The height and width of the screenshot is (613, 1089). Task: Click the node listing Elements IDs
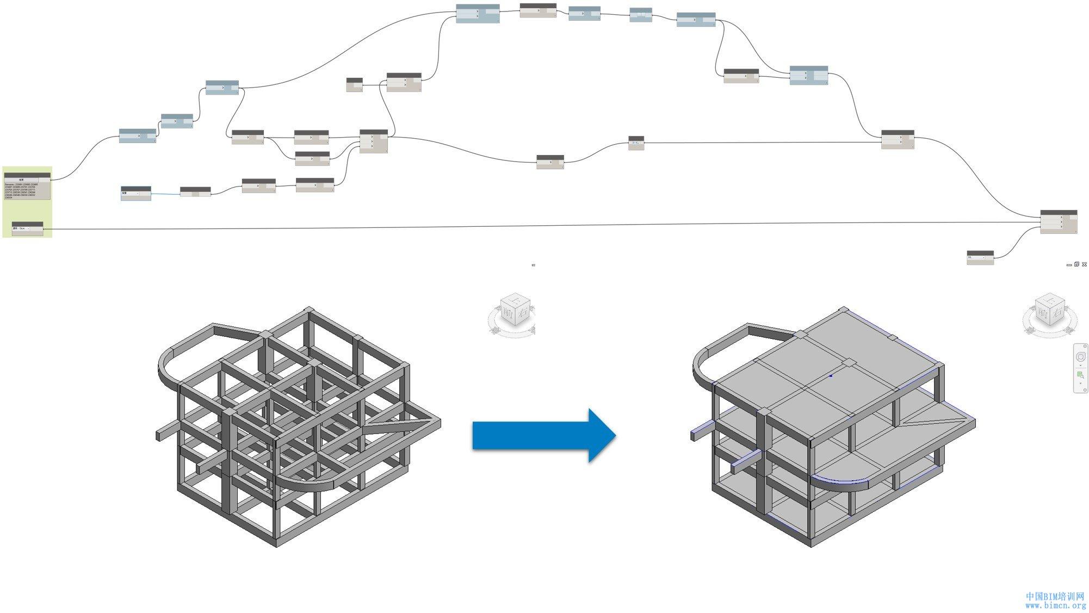point(27,187)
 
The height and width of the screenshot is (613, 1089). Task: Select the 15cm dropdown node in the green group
point(27,228)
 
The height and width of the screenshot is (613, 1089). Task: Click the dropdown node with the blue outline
point(135,194)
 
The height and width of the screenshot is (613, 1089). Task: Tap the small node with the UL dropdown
point(980,258)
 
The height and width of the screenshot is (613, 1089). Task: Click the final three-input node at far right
point(1058,222)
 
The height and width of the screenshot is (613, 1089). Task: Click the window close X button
point(1084,265)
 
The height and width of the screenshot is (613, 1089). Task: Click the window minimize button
point(1069,265)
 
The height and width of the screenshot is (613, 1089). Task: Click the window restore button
point(1076,265)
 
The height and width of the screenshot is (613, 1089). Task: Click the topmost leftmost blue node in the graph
point(477,13)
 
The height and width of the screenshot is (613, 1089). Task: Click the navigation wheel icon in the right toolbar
point(1080,357)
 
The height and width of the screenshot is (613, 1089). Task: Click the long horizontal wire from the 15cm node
point(544,226)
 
